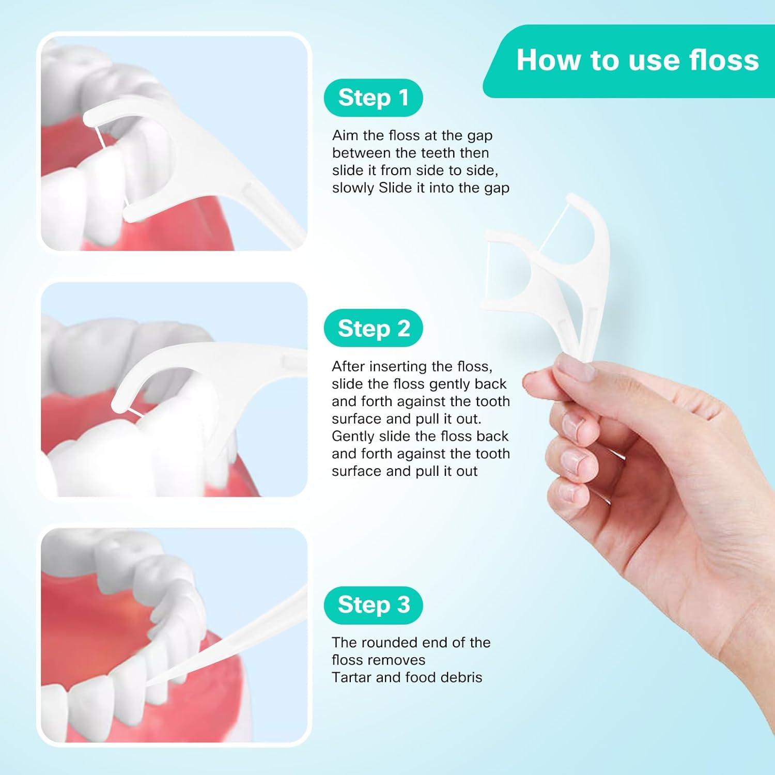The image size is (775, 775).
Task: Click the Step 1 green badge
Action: point(373,98)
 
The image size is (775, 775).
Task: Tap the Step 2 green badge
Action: point(373,328)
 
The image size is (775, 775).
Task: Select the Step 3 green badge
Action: point(373,605)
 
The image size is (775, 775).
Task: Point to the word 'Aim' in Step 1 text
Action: point(345,135)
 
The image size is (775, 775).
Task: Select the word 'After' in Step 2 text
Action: point(350,366)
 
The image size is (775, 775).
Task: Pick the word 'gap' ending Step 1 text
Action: point(497,188)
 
